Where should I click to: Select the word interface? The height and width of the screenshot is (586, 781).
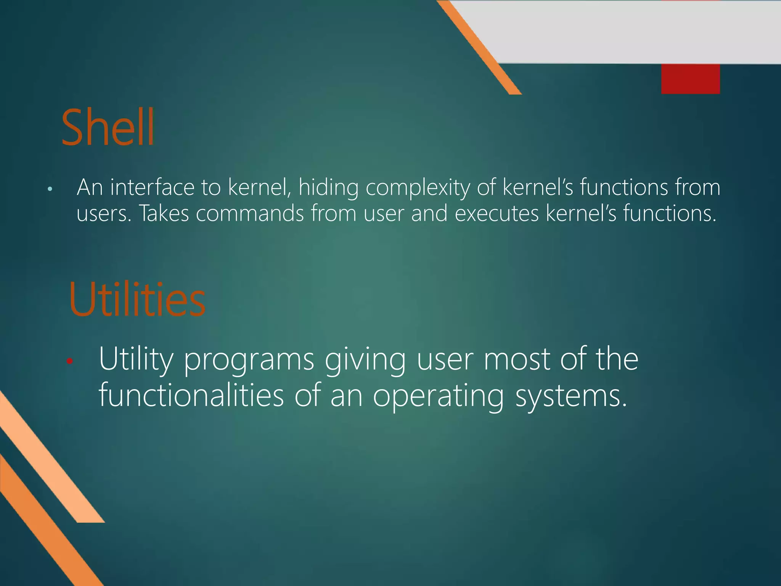[x=152, y=187]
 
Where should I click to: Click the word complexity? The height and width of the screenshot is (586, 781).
[x=418, y=188]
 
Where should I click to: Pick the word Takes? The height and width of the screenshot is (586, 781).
[x=164, y=213]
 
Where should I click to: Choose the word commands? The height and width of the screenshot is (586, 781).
[x=250, y=213]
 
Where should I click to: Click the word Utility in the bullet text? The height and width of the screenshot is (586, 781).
[x=136, y=360]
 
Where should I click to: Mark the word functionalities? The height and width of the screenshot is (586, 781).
[x=191, y=395]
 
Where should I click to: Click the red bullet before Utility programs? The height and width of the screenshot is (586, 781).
[x=69, y=361]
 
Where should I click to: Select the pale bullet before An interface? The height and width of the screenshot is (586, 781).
[x=50, y=189]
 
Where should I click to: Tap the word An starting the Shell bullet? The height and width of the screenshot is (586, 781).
[x=90, y=187]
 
